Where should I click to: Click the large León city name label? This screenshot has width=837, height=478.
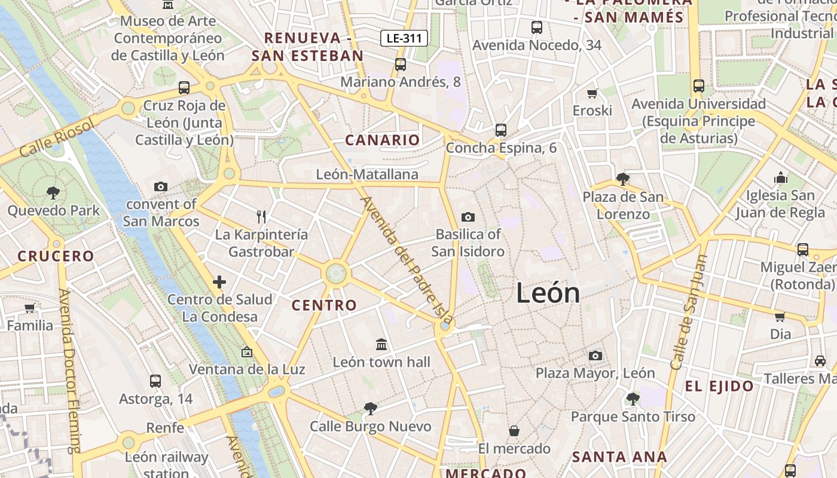point(548,293)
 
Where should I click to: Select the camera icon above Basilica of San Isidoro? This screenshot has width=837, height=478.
point(468,217)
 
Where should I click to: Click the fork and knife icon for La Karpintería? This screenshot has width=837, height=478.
point(261,216)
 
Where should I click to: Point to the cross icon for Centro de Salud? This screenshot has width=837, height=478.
point(219,281)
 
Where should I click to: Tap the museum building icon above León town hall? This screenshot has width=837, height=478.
point(381,344)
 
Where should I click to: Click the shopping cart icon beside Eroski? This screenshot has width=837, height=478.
point(592,93)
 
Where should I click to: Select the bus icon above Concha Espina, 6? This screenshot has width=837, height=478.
point(501,130)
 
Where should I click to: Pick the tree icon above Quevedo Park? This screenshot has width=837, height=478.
point(53,192)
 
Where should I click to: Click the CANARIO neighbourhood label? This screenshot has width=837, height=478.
point(383,140)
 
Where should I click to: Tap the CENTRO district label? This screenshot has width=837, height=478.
point(324,305)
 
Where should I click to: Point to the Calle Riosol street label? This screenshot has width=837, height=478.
point(57,138)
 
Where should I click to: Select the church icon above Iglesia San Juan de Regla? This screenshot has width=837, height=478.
point(781,177)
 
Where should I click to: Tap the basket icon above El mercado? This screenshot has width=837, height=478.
point(514,431)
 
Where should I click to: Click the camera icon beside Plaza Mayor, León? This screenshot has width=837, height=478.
point(595,356)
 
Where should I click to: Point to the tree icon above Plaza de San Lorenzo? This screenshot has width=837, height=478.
point(622,179)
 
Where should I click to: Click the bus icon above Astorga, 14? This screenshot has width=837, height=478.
point(155,381)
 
